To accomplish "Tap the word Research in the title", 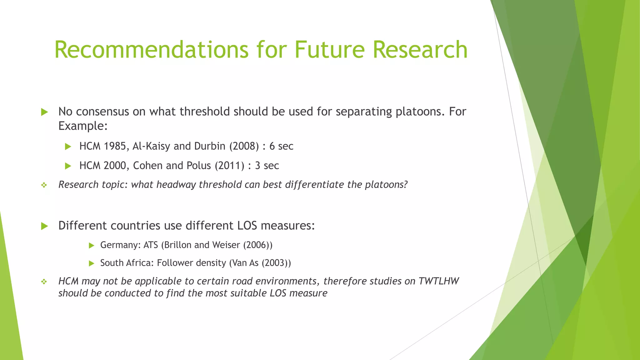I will tap(420, 50).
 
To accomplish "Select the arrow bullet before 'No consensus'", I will tap(44, 112).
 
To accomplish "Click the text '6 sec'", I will tap(281, 146).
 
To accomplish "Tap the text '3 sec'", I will tap(267, 166).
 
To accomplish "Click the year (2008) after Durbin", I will tap(244, 146).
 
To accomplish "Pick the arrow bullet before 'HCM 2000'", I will tap(68, 166).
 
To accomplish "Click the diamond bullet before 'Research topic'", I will tap(44, 185).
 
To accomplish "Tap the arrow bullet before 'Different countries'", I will tap(44, 226).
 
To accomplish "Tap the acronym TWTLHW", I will tap(438, 281).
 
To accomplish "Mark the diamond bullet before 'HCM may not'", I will tap(44, 282).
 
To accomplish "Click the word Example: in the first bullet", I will tap(83, 126).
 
